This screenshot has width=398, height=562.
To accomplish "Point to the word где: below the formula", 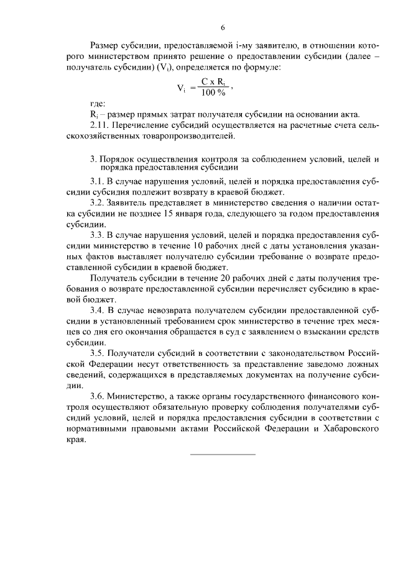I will (98, 102).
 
